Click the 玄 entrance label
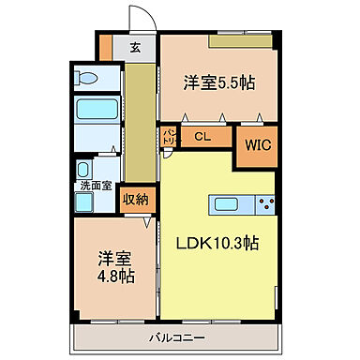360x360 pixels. (x=136, y=48)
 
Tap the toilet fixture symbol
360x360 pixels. (x=85, y=79)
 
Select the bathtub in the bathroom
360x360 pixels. (x=93, y=109)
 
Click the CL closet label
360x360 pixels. (x=201, y=136)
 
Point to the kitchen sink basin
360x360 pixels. (x=228, y=203)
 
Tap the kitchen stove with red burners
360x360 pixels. (x=264, y=203)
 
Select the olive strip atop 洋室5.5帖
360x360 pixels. (x=241, y=41)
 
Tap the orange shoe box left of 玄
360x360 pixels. (x=106, y=47)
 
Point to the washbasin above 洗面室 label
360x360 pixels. (x=85, y=170)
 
